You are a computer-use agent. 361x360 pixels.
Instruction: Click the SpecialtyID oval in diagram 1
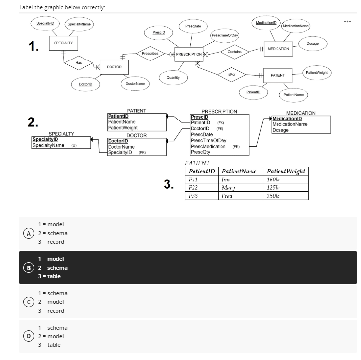(x=45, y=23)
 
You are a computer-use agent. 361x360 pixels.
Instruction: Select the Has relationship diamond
(x=78, y=62)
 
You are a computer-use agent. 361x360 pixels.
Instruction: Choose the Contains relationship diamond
(x=234, y=52)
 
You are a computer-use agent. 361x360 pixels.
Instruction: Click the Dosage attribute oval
(x=312, y=43)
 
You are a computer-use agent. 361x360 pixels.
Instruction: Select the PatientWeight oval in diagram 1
(x=317, y=72)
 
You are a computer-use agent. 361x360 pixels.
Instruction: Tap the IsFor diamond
(x=230, y=73)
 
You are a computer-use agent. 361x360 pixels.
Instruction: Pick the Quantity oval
(x=172, y=77)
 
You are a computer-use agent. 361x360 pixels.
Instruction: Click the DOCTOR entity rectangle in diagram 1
(x=113, y=66)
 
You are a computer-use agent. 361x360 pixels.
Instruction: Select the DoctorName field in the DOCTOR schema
(x=121, y=147)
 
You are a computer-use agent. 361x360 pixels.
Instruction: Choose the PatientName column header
(x=239, y=171)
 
